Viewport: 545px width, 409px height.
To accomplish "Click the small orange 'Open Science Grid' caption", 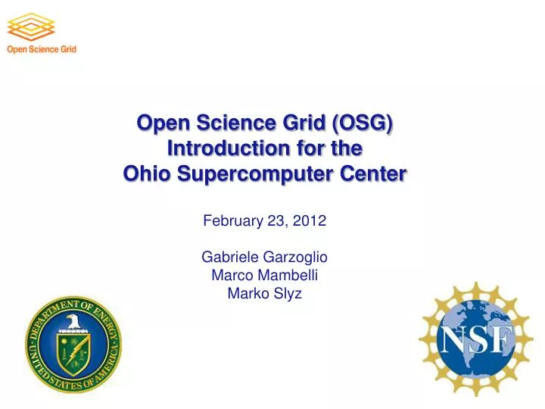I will (42, 50).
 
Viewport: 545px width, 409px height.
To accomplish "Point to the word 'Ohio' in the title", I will (148, 174).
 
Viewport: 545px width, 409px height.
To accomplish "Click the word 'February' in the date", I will (232, 221).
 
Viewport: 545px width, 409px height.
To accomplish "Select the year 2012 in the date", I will (312, 221).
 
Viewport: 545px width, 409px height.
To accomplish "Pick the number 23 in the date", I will (277, 221).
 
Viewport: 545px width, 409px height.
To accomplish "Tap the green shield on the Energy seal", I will (73, 351).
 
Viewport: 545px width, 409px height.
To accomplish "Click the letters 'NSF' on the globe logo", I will (476, 342).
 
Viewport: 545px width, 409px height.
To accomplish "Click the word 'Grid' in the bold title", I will (299, 123).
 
